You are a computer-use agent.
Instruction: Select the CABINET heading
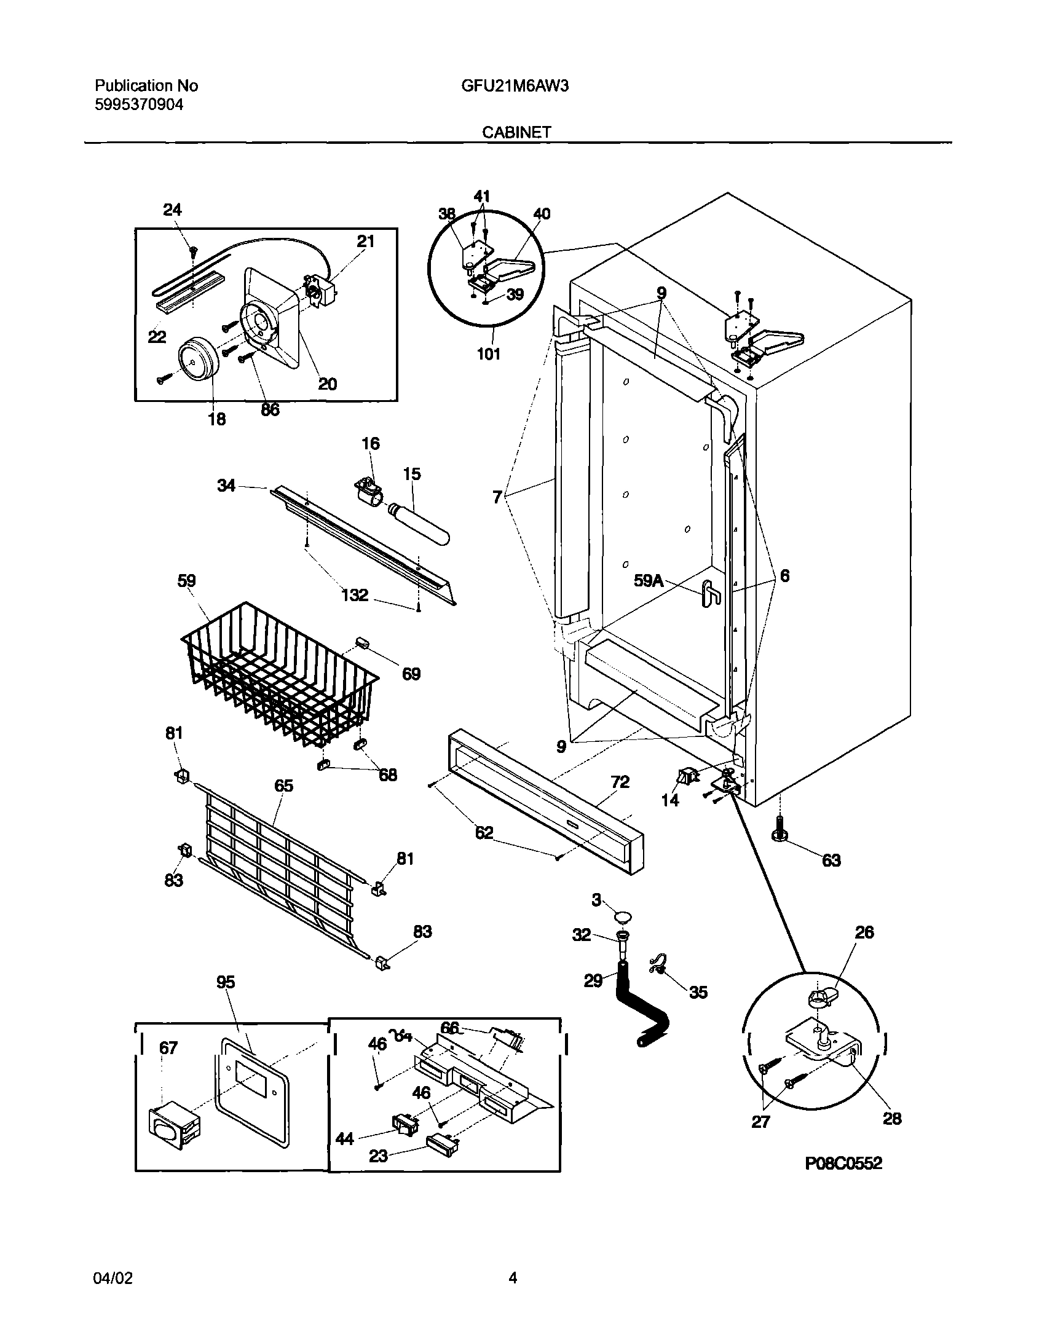tap(516, 132)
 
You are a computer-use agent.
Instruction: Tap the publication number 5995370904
tap(138, 104)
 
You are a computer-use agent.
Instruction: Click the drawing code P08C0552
tap(843, 1164)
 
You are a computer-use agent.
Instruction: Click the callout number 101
tap(488, 354)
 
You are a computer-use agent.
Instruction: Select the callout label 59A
tap(649, 580)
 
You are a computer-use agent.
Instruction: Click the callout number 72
tap(620, 782)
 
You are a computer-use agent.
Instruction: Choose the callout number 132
tap(355, 594)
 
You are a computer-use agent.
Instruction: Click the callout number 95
tap(226, 983)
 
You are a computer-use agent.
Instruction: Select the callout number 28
tap(891, 1119)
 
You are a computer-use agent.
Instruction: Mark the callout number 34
tap(226, 486)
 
